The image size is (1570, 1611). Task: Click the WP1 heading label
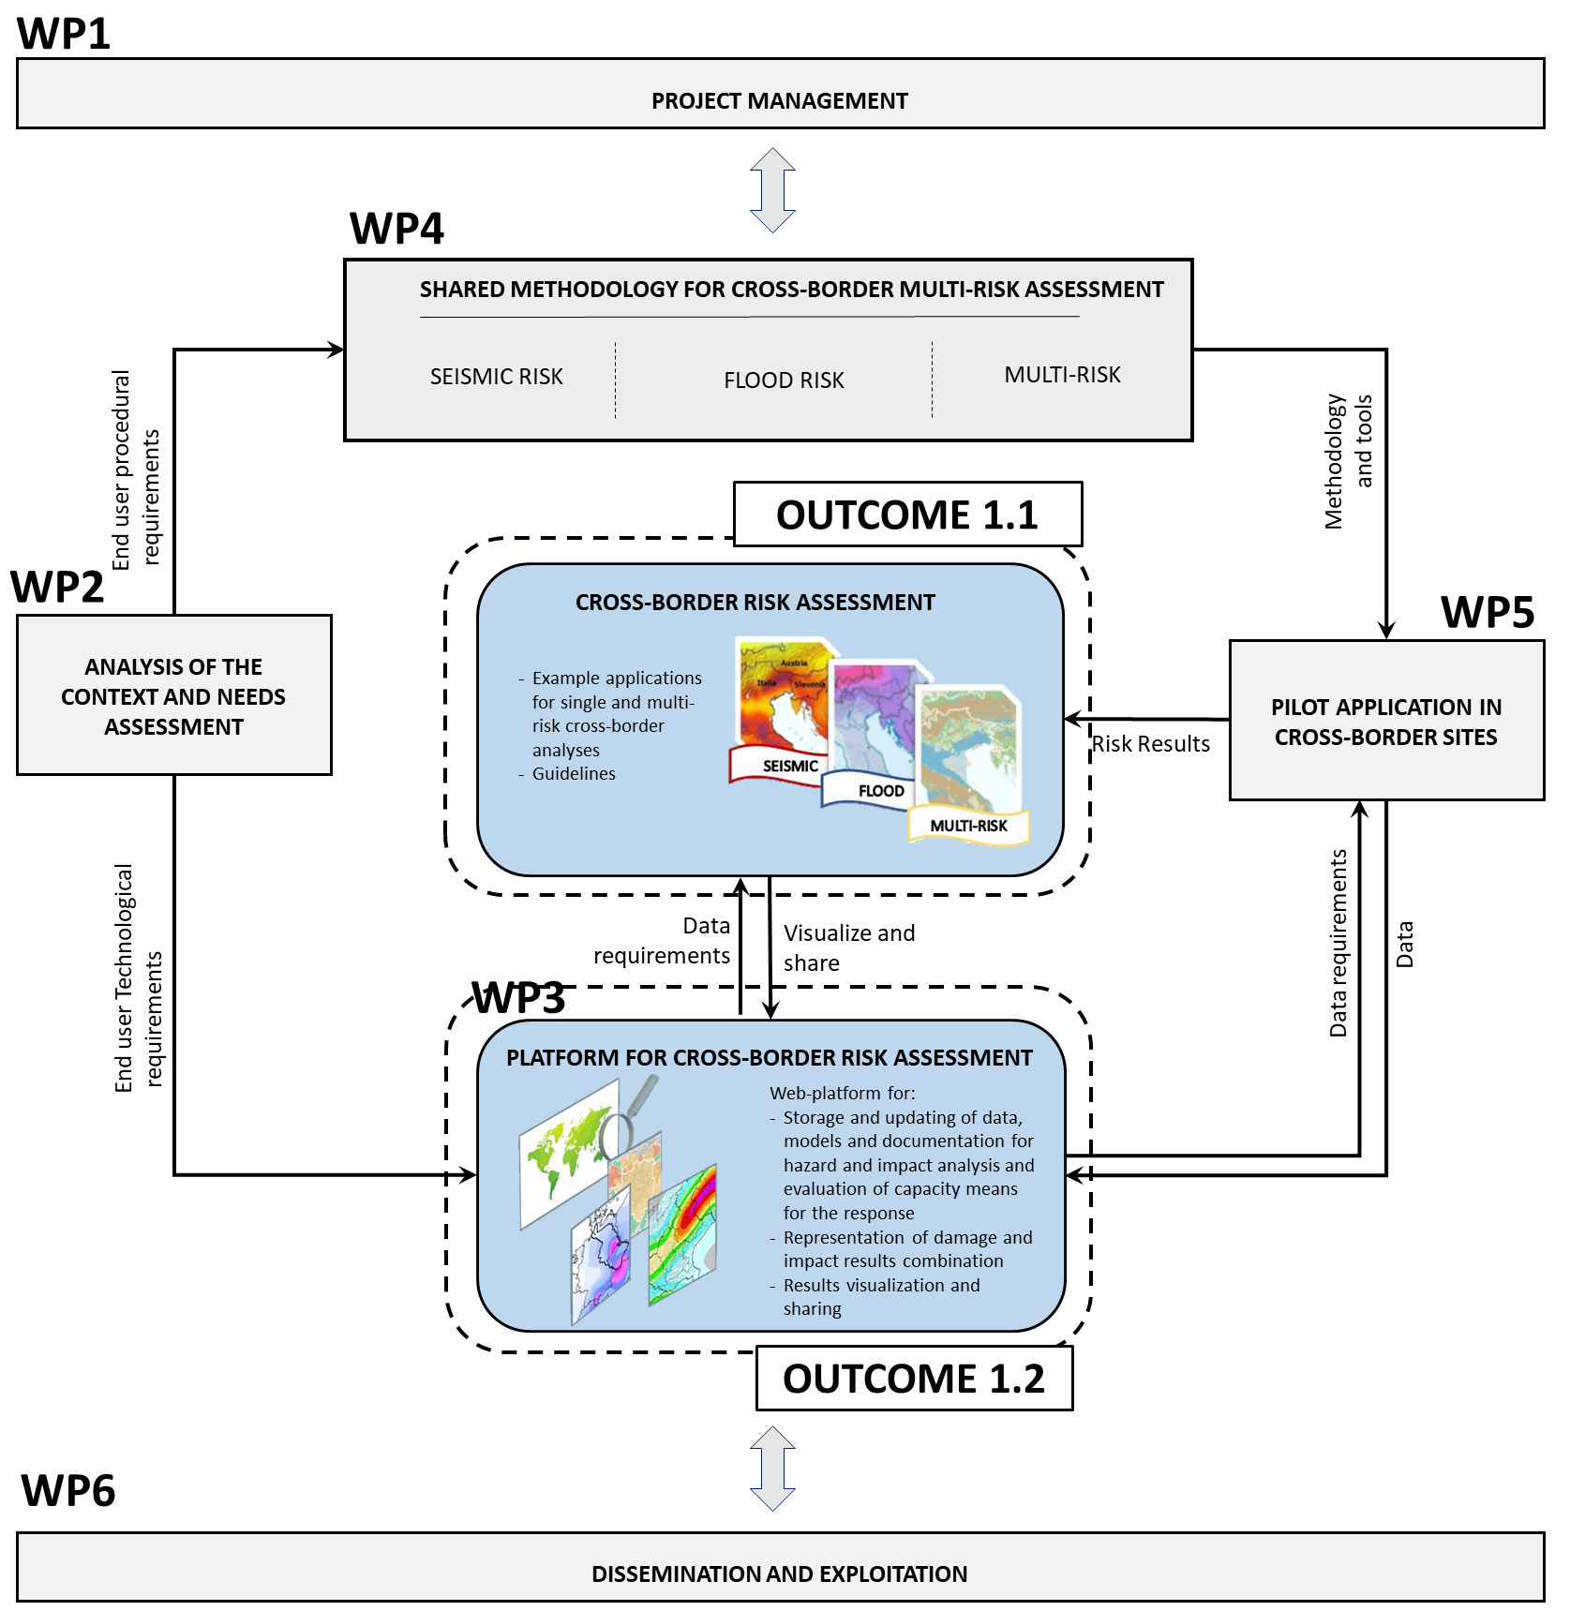pos(63,34)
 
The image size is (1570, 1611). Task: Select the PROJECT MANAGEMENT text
pos(779,101)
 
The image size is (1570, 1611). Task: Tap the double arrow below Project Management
pos(772,190)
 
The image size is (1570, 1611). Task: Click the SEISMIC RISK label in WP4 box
pos(496,377)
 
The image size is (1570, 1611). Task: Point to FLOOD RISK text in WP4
pos(784,380)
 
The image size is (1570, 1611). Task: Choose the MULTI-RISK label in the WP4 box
pos(1062,375)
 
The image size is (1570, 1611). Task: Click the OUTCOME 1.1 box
pos(907,515)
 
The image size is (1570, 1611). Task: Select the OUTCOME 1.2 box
pos(914,1379)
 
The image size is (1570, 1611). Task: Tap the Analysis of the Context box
pos(173,695)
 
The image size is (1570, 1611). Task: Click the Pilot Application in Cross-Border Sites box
pos(1385,721)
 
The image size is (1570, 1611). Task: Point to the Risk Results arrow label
pos(1151,744)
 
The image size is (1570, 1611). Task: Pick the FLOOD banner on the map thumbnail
pos(880,791)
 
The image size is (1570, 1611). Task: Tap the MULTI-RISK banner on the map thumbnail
pos(968,826)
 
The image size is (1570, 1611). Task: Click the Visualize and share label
pos(848,947)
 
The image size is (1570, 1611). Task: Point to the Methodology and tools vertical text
pos(1348,461)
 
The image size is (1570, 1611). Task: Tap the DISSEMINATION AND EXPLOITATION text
pos(779,1574)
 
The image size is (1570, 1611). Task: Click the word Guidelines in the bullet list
pos(574,774)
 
